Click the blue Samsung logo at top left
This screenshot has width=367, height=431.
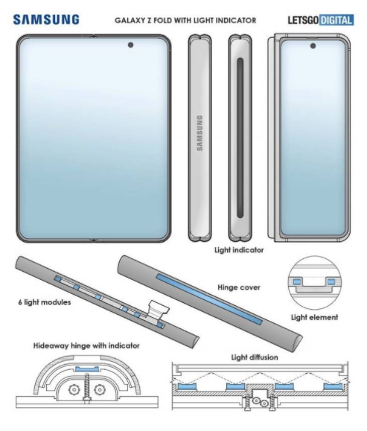(x=46, y=20)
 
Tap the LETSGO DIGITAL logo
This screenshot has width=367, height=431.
(x=321, y=20)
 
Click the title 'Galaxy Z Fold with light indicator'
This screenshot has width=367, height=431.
(x=185, y=20)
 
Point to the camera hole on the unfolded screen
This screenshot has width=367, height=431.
(x=130, y=45)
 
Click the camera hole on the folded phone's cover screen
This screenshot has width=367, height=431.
(x=313, y=45)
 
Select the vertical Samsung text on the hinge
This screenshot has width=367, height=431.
(x=200, y=133)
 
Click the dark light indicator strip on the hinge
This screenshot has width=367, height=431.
(x=240, y=138)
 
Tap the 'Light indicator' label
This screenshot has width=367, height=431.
(x=239, y=250)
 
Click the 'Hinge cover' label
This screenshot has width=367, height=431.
(x=239, y=287)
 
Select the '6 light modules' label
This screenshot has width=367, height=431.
(x=45, y=302)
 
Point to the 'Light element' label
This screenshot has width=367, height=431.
(x=314, y=317)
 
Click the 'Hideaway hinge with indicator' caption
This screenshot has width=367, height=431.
(x=86, y=345)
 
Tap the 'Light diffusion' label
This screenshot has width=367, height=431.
(x=255, y=357)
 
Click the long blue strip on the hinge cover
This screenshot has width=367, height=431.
(x=209, y=299)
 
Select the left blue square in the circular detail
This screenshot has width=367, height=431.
(x=296, y=281)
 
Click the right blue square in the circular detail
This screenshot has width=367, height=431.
(x=331, y=281)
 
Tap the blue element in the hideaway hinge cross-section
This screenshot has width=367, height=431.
(x=86, y=369)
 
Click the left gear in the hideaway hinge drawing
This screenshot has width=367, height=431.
(x=74, y=389)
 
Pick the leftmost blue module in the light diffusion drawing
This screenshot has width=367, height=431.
(x=187, y=386)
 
